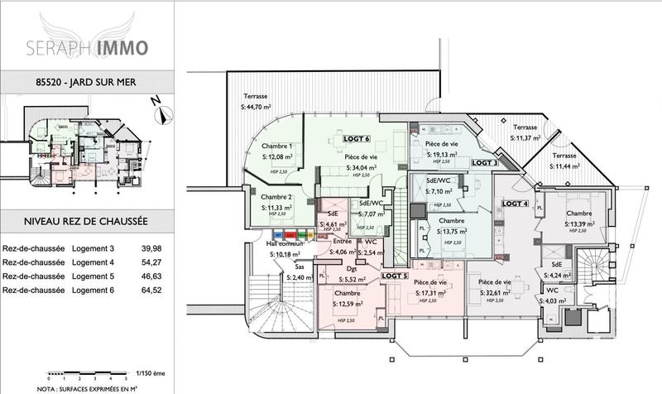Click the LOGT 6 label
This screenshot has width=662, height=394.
(357, 138)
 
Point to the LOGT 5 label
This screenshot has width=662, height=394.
(395, 275)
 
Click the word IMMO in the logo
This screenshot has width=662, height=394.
(121, 47)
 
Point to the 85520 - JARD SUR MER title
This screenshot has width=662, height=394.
(87, 83)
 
